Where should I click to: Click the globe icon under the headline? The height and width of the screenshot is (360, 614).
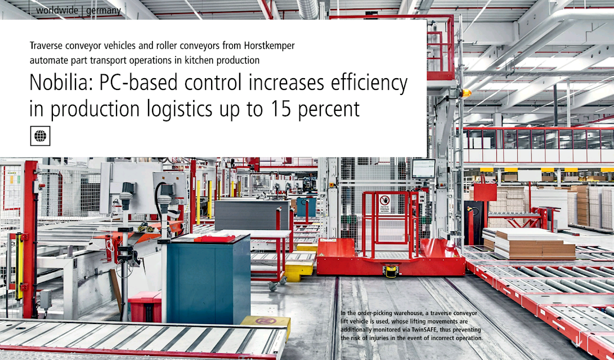point(40,136)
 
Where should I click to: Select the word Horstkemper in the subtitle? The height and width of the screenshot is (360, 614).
point(269,46)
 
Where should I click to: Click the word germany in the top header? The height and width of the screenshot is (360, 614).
point(104,11)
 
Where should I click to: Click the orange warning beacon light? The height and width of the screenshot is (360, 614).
point(466,93)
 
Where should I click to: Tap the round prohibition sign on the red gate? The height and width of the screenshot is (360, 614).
point(384,200)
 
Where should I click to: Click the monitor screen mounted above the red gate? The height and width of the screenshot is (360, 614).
point(423,169)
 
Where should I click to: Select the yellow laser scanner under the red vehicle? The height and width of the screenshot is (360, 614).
point(391,271)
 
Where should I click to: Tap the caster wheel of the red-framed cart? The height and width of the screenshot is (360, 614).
point(272,286)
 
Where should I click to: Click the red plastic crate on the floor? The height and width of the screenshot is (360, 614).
point(145,307)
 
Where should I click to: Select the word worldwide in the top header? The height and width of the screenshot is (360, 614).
point(57,10)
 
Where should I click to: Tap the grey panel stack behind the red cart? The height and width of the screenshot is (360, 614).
point(251,215)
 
